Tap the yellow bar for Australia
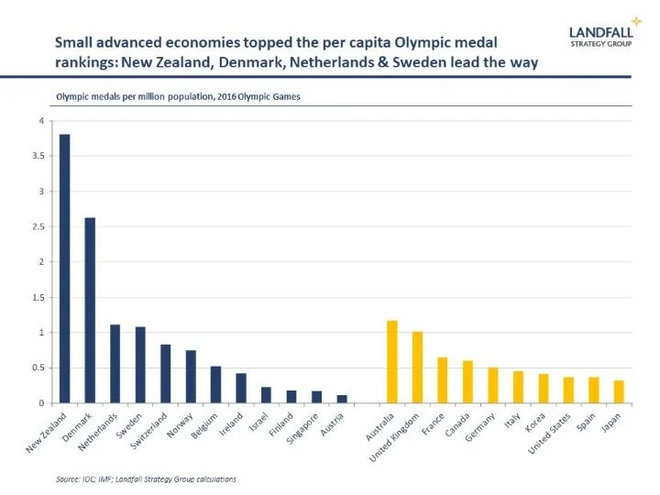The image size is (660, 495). coord(392,362)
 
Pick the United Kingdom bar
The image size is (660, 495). coord(417,368)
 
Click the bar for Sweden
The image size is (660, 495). coord(140,365)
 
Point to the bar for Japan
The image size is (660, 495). coord(619,391)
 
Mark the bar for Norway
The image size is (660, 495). coord(191,377)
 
